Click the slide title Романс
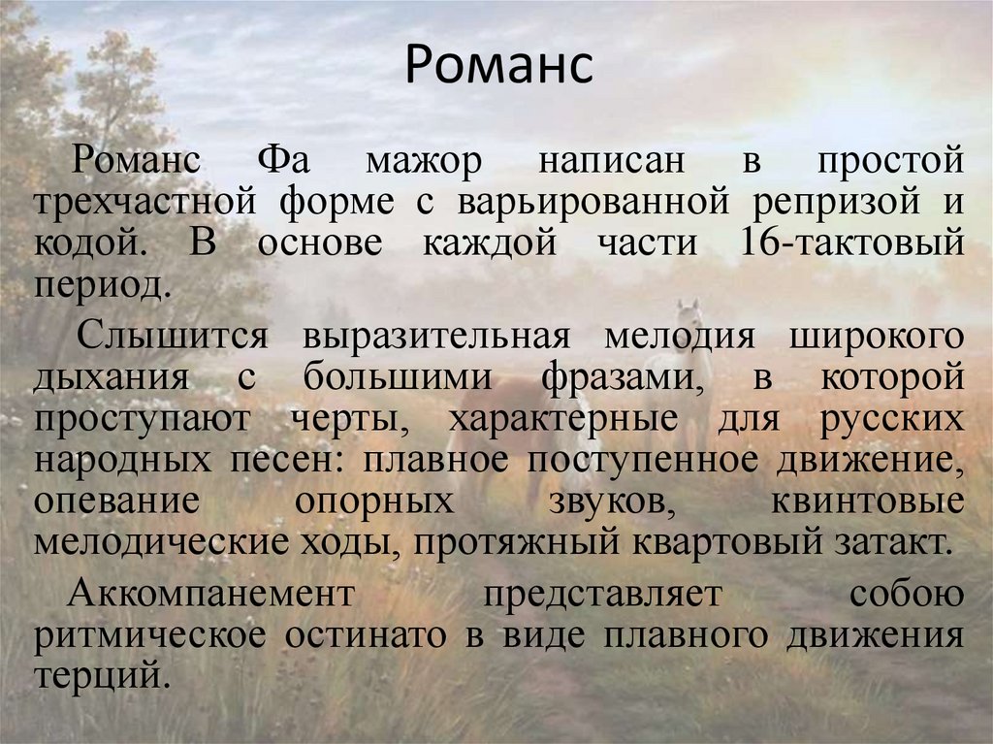pos(496,65)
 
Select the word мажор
pos(424,160)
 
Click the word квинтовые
pos(867,502)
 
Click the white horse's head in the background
pos(688,314)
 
